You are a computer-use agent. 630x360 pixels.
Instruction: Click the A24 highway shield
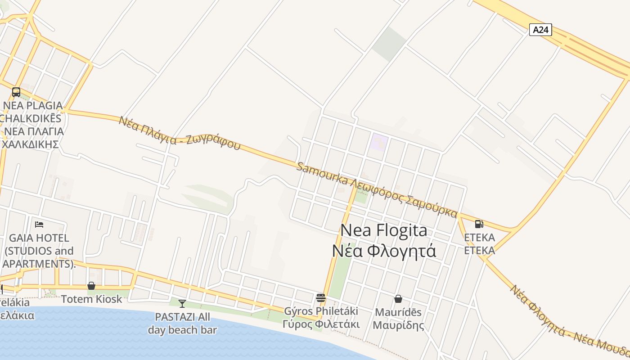pyautogui.click(x=540, y=30)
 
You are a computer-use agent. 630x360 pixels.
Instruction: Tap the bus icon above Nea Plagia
pyautogui.click(x=16, y=92)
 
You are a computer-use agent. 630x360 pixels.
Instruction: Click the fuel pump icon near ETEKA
pyautogui.click(x=479, y=224)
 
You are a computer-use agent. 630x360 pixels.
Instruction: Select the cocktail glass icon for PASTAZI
pyautogui.click(x=182, y=304)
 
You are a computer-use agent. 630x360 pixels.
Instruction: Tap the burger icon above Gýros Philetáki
pyautogui.click(x=321, y=297)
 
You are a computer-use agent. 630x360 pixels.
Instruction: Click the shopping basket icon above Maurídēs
pyautogui.click(x=398, y=298)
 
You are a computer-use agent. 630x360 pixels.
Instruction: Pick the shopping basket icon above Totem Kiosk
pyautogui.click(x=91, y=286)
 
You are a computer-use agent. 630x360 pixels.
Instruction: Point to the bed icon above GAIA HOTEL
pyautogui.click(x=39, y=224)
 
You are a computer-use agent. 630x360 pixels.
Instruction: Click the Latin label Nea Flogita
pyautogui.click(x=383, y=230)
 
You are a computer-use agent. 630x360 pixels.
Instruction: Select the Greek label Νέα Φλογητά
pyautogui.click(x=384, y=251)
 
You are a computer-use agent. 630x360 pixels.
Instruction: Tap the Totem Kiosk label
pyautogui.click(x=91, y=299)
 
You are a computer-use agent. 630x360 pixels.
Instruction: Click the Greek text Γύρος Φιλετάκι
pyautogui.click(x=321, y=324)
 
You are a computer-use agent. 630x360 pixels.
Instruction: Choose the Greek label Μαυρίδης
pyautogui.click(x=398, y=325)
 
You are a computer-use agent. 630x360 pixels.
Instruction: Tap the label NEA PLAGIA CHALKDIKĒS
pyautogui.click(x=31, y=112)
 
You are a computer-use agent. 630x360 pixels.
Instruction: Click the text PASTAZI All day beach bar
pyautogui.click(x=182, y=323)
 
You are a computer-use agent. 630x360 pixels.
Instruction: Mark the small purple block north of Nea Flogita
pyautogui.click(x=378, y=143)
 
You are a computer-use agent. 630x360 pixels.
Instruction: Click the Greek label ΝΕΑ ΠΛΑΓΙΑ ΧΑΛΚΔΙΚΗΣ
pyautogui.click(x=32, y=138)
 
